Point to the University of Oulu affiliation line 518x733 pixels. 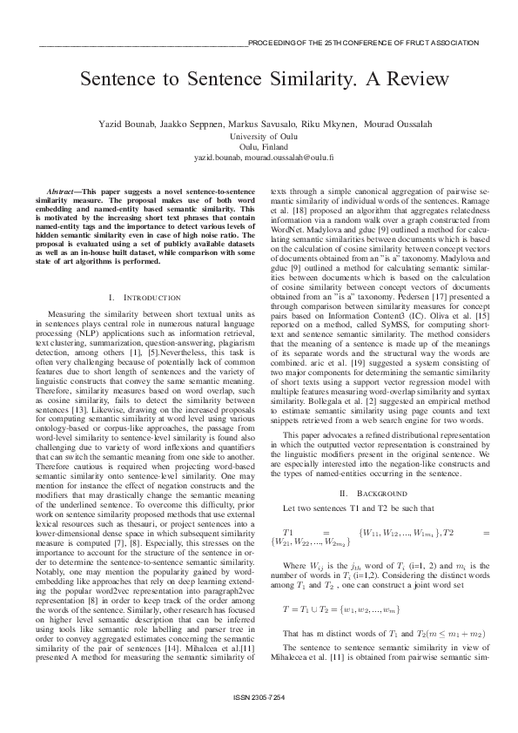click(259, 137)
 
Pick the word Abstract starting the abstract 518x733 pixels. click(64, 190)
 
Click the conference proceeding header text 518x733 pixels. click(363, 42)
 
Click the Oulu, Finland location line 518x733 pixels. click(259, 148)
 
